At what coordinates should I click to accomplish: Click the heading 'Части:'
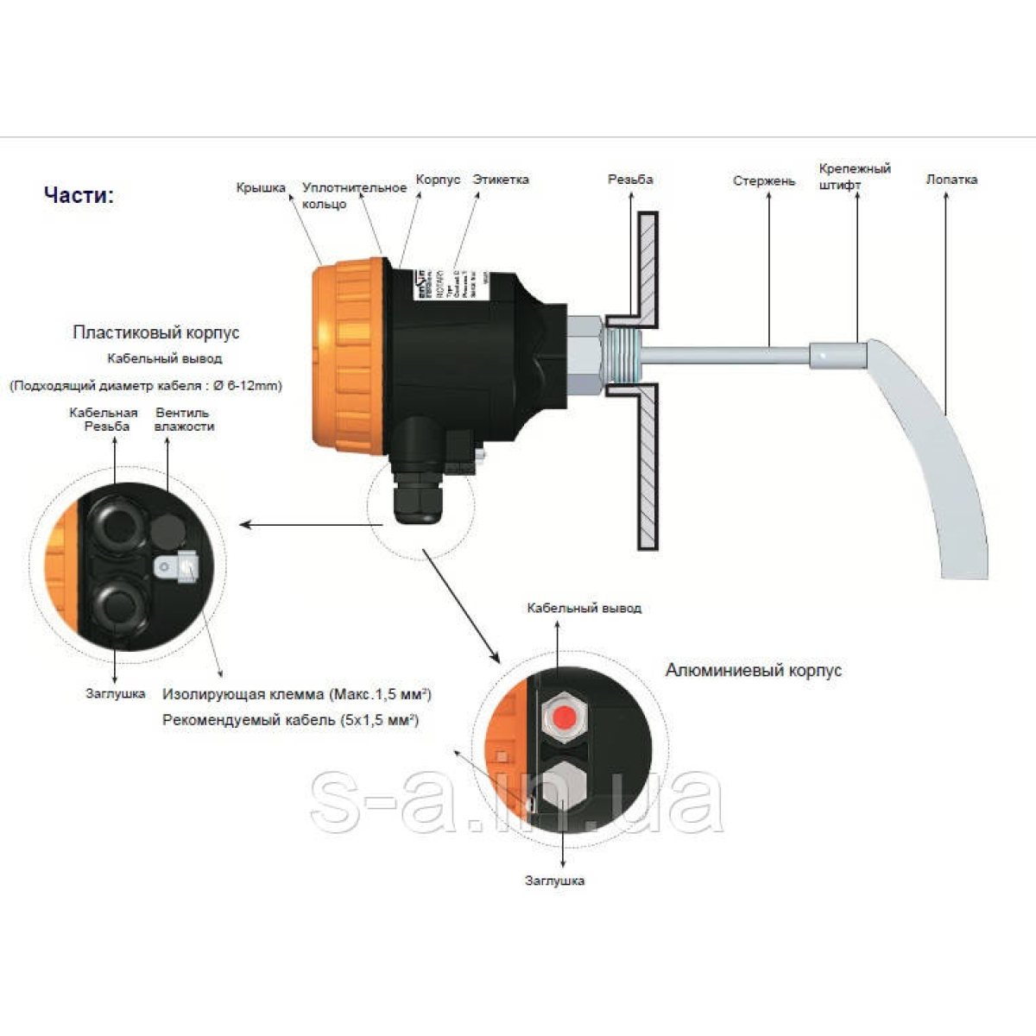point(79,195)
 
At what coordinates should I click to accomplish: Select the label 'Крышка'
point(261,187)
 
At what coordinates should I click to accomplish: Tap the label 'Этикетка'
point(501,180)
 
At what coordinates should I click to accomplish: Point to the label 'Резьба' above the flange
point(630,180)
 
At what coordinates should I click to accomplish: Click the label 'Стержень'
point(764,180)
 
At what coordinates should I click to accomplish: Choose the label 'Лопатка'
point(951,180)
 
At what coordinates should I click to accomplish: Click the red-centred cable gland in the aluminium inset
point(565,716)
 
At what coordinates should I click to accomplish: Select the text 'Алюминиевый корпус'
point(753,670)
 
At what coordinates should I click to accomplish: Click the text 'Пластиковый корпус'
point(156,332)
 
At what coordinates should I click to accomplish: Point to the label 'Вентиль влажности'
point(184,420)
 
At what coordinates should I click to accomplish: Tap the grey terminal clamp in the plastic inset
point(178,567)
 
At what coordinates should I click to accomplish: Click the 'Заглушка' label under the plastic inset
point(116,693)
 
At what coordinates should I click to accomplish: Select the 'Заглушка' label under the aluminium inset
point(554,881)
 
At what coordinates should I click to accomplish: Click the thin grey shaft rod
point(725,353)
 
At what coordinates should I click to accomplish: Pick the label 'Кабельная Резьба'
point(104,420)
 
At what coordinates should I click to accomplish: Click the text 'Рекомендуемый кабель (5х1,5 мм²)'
point(291,720)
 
